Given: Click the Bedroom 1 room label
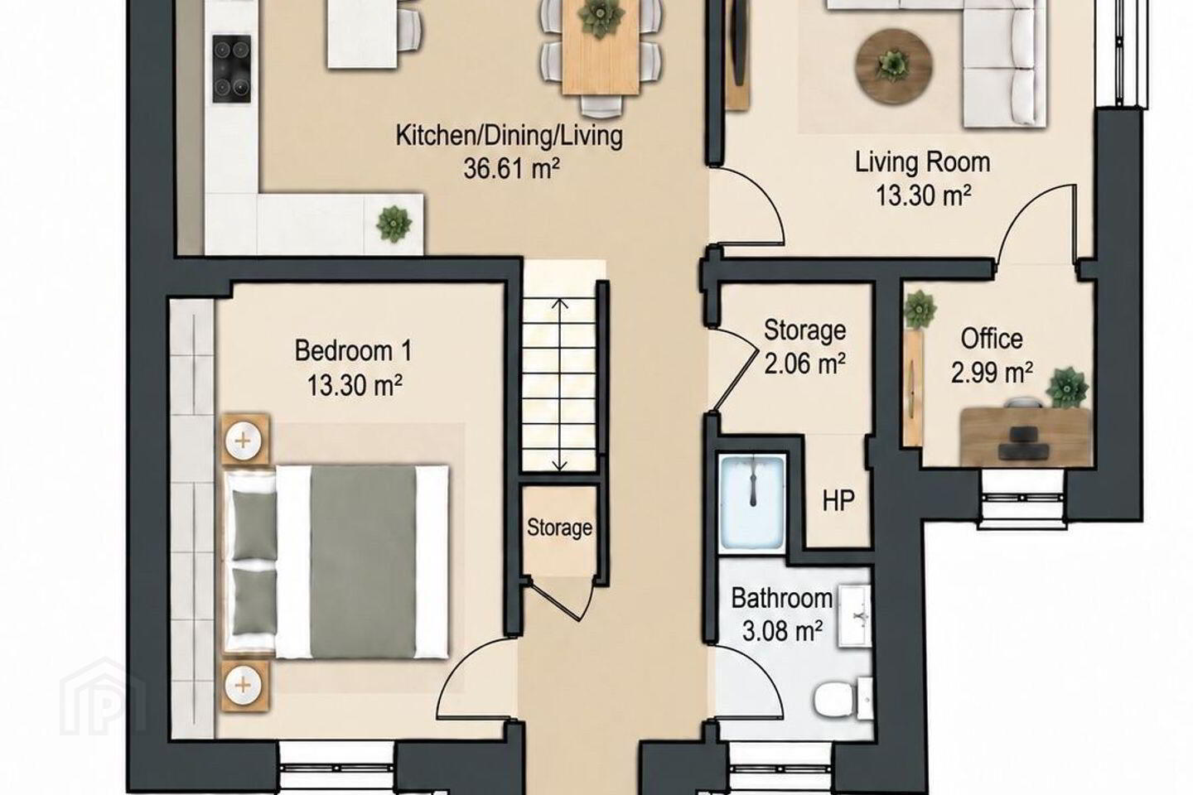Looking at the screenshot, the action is click(353, 351).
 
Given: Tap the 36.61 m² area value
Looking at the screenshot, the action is click(511, 168).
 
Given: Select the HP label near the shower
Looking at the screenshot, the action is click(838, 500).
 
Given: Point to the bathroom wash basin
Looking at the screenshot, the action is click(855, 617).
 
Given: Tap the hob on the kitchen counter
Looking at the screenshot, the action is click(232, 70).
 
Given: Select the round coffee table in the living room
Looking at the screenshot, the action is click(894, 63).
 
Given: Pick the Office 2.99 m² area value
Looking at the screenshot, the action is click(992, 372).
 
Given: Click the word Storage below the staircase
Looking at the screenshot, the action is click(559, 528).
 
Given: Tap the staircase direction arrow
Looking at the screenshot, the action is click(559, 385).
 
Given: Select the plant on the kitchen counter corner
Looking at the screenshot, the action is click(394, 224).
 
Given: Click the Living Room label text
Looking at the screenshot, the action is click(922, 161).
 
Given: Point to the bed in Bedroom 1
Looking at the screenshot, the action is click(336, 562).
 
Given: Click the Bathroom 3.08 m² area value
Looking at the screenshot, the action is click(781, 632).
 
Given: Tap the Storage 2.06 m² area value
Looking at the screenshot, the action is click(804, 364).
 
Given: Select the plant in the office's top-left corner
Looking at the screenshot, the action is click(920, 310).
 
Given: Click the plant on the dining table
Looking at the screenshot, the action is click(601, 19).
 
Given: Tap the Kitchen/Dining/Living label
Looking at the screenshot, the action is click(510, 136).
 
